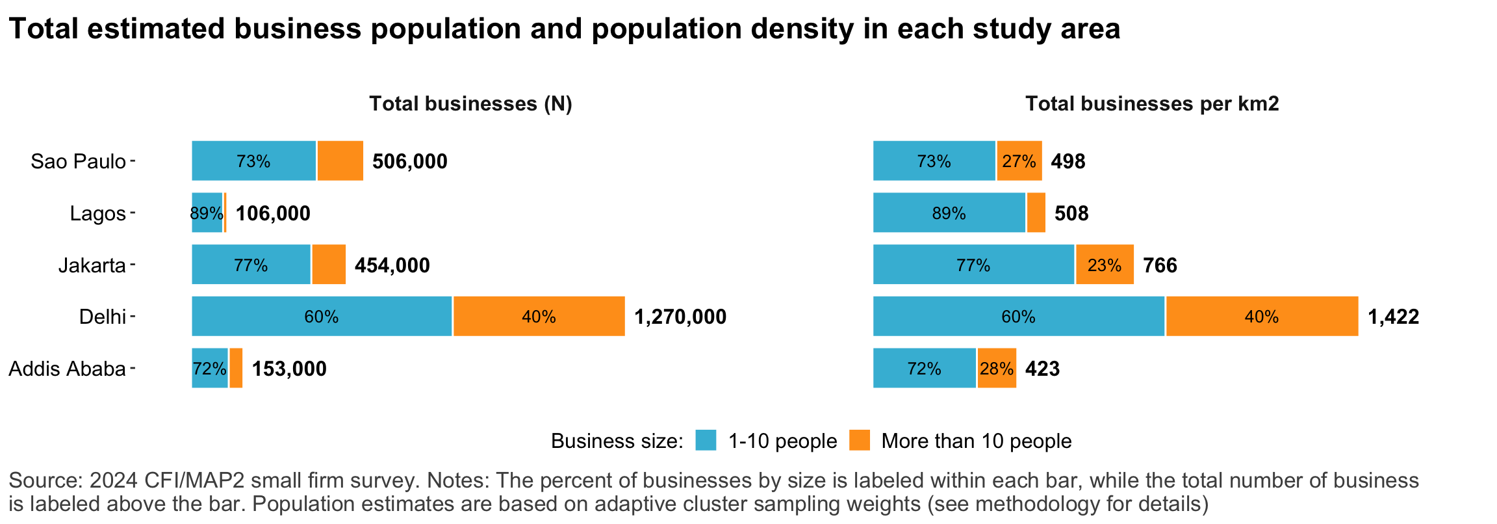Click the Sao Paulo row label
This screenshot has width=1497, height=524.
click(78, 161)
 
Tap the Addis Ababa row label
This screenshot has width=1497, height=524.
click(67, 369)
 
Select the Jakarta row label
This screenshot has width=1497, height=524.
click(92, 265)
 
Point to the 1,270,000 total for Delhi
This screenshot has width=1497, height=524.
click(680, 317)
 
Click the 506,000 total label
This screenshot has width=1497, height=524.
click(409, 161)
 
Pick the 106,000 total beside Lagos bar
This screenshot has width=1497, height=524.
click(273, 213)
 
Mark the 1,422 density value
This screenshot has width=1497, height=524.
click(1393, 317)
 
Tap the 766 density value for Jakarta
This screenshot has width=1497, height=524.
click(1160, 265)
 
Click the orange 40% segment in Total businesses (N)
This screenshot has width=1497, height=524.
click(539, 317)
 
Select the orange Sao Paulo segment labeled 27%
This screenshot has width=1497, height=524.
click(1019, 161)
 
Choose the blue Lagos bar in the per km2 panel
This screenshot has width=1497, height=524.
click(949, 213)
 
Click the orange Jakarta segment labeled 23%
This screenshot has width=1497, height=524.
click(1105, 265)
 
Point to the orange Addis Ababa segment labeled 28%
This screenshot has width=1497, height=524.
click(996, 369)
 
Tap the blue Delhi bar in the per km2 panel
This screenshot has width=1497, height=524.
click(1018, 317)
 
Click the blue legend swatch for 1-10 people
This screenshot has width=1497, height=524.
click(706, 440)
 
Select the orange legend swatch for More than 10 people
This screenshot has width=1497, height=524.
click(859, 440)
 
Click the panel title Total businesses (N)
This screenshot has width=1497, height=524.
click(470, 104)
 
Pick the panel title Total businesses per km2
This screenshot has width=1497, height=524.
click(1152, 104)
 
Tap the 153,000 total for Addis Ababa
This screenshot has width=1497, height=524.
click(289, 369)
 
